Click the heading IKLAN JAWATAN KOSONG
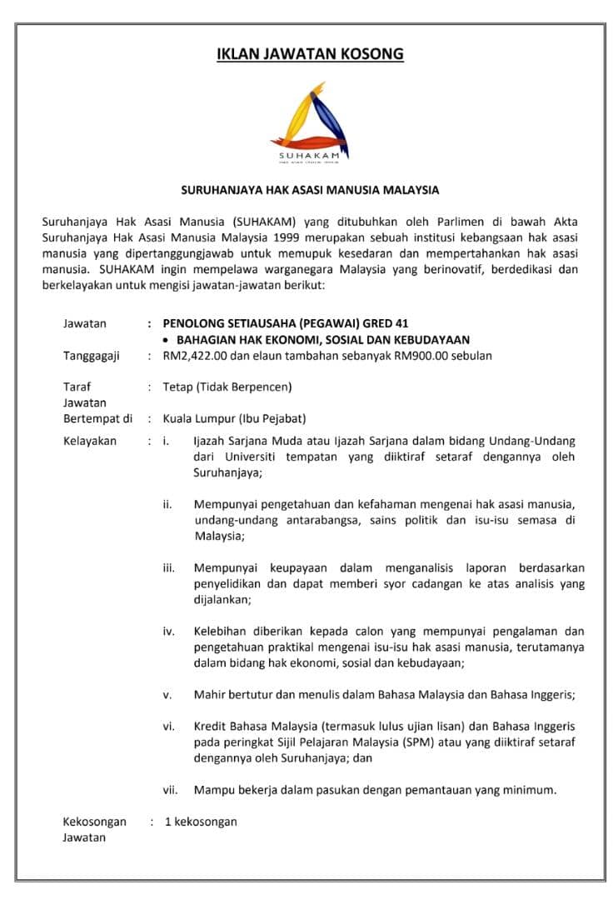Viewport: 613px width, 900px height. (310, 54)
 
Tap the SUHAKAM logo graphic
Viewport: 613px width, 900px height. (309, 122)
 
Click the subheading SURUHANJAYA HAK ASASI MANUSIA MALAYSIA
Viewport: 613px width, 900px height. (310, 190)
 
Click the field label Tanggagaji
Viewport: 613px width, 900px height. (92, 356)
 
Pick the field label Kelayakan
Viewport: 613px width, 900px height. (90, 441)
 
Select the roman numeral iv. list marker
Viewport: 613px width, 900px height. (168, 631)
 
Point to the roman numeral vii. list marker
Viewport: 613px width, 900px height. (169, 789)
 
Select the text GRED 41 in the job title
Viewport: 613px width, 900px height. (382, 323)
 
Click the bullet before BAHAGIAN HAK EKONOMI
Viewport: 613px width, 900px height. (167, 340)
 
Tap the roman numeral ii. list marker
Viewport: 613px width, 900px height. (167, 504)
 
